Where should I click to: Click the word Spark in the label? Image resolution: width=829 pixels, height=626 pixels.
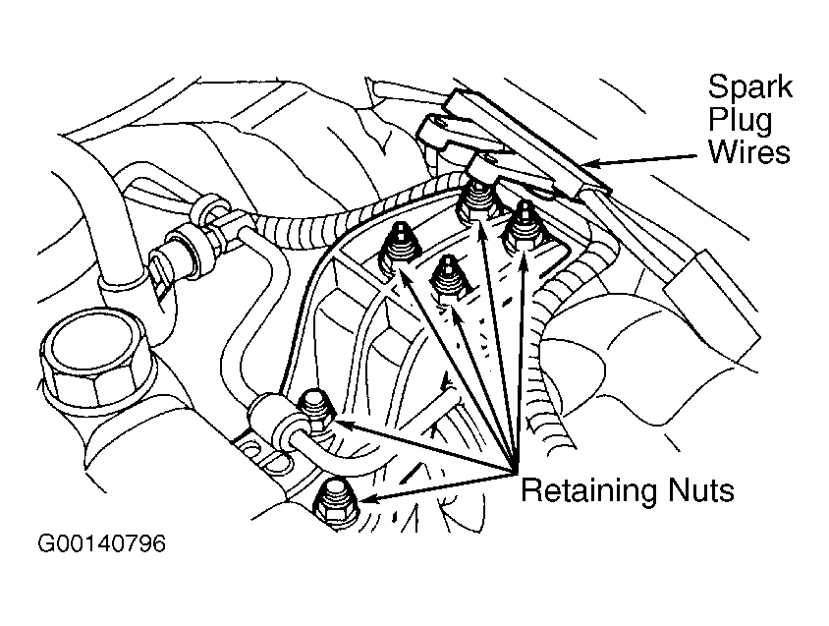click(x=749, y=87)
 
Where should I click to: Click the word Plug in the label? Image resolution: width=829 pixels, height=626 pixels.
click(x=741, y=120)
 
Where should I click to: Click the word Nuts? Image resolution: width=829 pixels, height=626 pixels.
click(x=701, y=490)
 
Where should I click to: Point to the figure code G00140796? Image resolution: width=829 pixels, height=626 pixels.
click(x=101, y=543)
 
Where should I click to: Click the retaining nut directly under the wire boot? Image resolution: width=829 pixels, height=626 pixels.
click(x=478, y=202)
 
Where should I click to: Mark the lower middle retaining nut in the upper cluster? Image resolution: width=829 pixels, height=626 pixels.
click(x=448, y=282)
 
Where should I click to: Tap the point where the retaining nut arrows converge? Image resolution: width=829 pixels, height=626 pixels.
click(x=515, y=471)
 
